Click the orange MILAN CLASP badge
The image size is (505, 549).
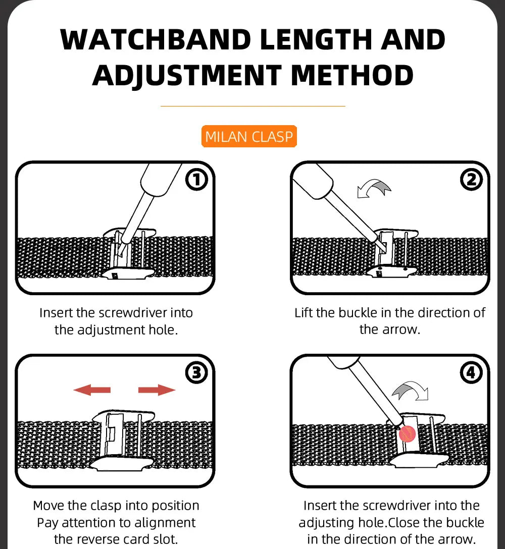(x=249, y=137)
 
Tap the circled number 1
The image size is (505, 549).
(x=196, y=180)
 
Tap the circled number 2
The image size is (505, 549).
(x=471, y=180)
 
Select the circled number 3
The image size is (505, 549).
(x=196, y=373)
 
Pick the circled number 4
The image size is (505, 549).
(x=471, y=373)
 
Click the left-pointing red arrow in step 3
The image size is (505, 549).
(x=92, y=390)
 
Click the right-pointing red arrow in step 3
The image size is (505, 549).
(x=157, y=390)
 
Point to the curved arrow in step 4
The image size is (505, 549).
(x=410, y=391)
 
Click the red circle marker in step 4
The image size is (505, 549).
(x=407, y=433)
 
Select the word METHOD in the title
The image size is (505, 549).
(x=352, y=75)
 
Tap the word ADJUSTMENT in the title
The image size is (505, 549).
(x=186, y=75)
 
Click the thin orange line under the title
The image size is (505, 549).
(x=252, y=106)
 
